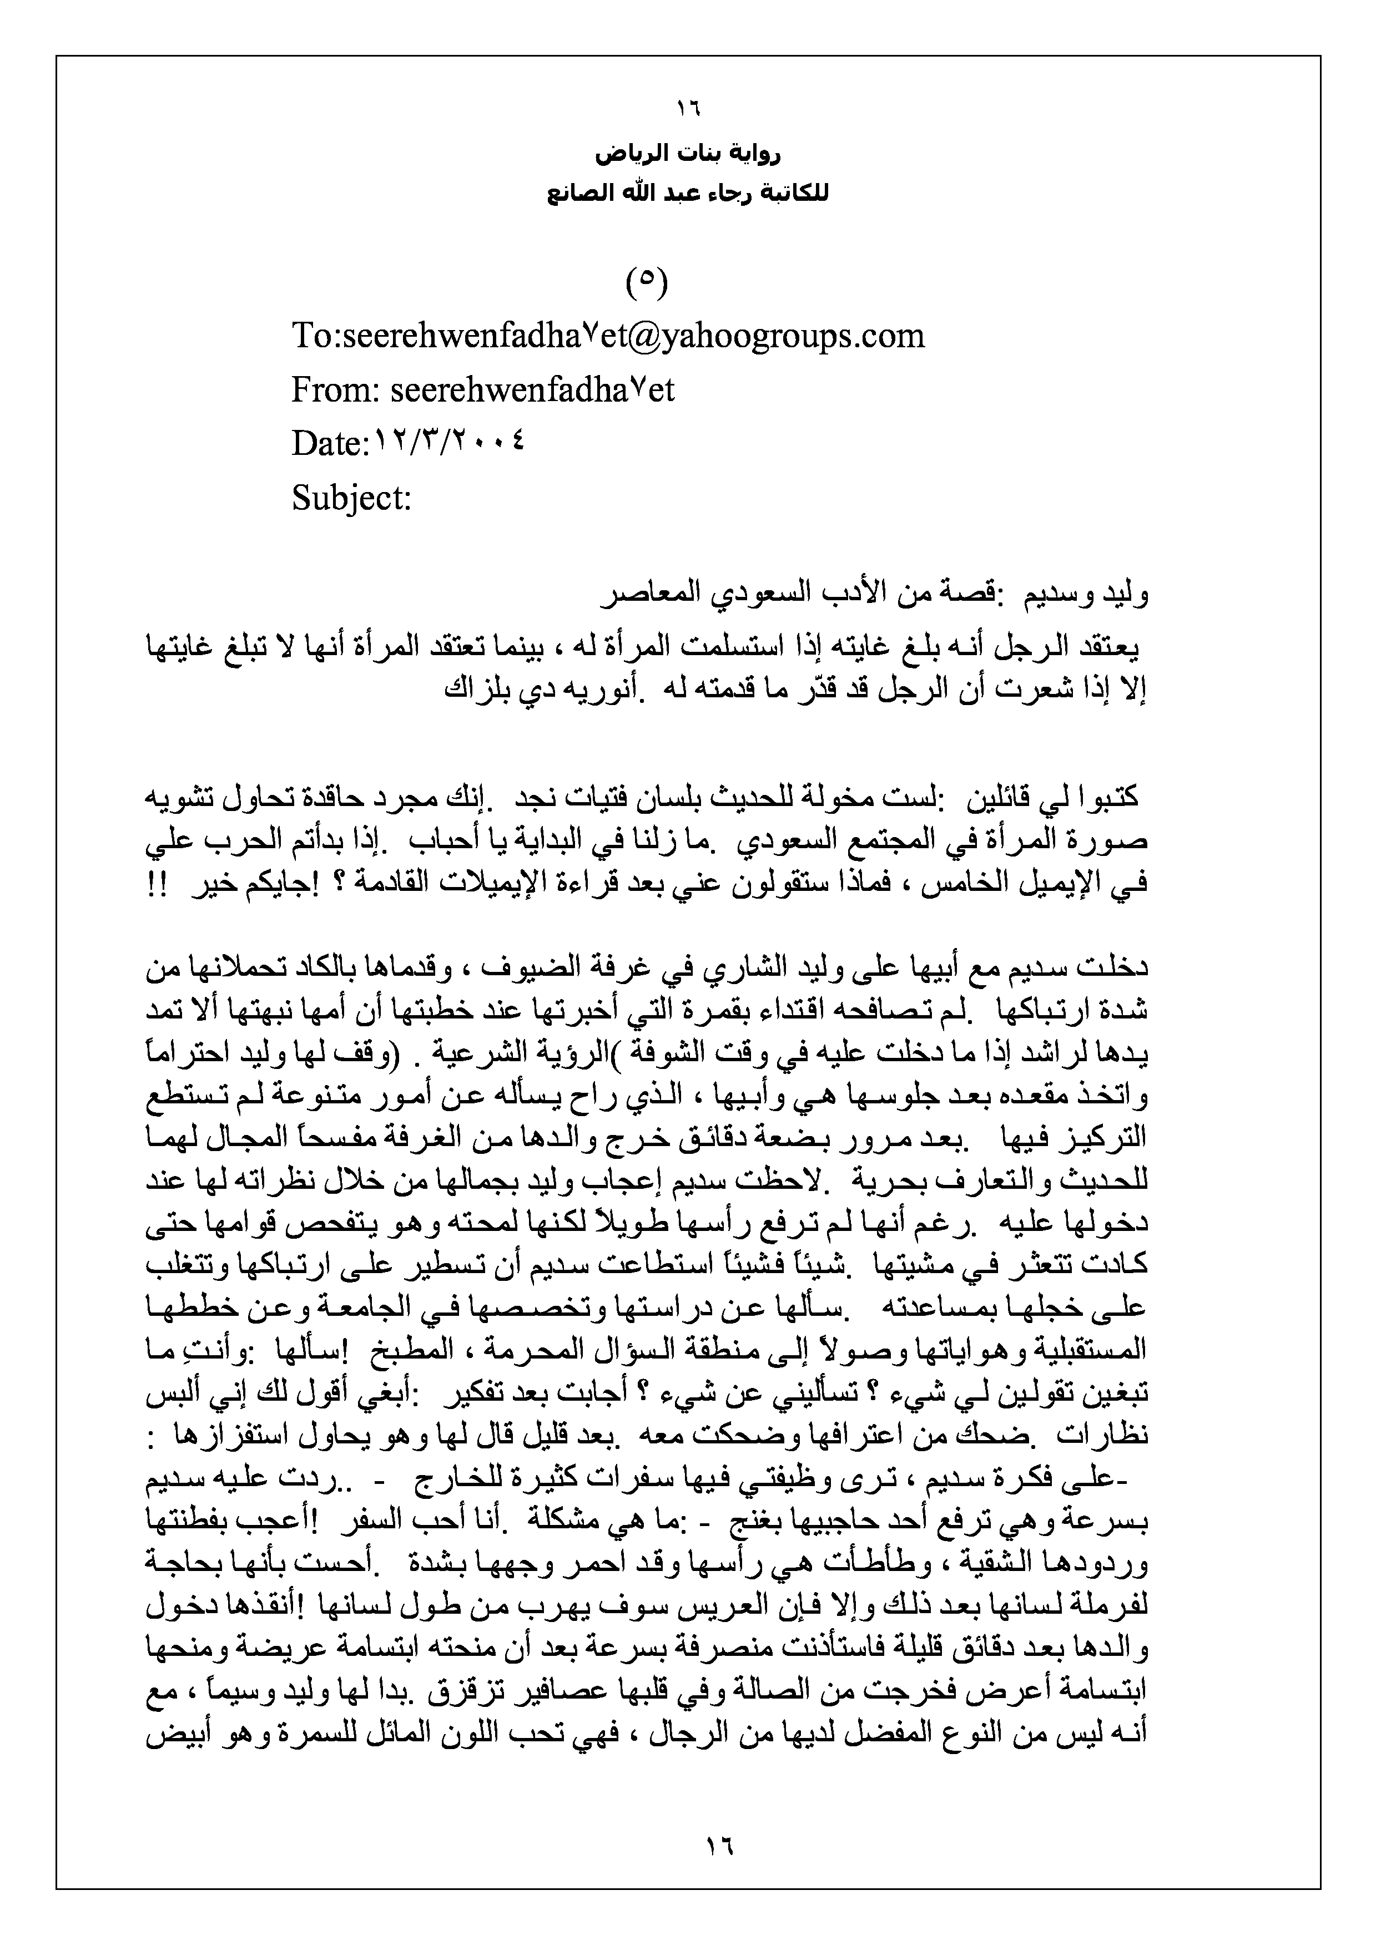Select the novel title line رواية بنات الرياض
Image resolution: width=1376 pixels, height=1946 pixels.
[x=688, y=155]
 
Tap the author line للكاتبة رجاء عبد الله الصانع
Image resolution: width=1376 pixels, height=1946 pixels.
[x=688, y=194]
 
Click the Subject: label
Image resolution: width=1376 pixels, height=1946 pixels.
[x=351, y=498]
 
